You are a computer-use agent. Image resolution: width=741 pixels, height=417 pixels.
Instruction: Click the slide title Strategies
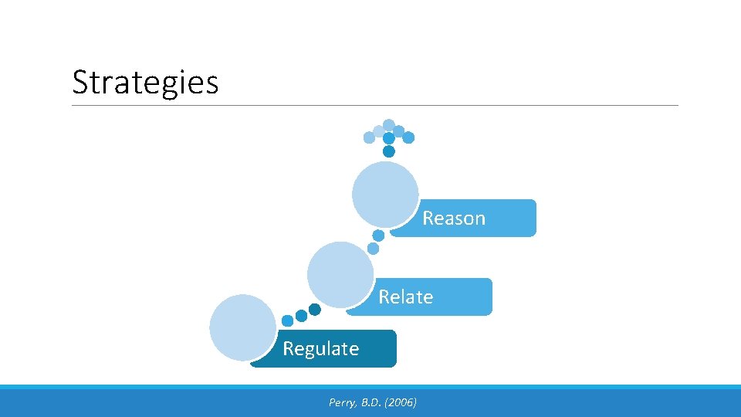(145, 82)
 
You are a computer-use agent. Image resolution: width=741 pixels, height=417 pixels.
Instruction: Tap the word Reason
(453, 219)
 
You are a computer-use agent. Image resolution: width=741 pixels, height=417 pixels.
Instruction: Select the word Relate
(405, 297)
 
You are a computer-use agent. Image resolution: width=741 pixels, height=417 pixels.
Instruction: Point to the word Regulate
(320, 349)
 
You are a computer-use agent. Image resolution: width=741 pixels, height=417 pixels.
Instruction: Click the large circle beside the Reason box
(385, 194)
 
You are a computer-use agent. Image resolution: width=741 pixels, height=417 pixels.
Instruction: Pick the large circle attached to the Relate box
(340, 274)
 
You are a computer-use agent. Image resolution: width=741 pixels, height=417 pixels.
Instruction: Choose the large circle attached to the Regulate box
(242, 327)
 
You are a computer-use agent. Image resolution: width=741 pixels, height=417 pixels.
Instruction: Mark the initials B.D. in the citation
(371, 402)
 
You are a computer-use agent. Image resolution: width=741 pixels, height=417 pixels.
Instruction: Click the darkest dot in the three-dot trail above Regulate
(315, 310)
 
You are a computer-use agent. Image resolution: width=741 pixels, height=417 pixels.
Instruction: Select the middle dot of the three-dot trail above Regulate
(301, 316)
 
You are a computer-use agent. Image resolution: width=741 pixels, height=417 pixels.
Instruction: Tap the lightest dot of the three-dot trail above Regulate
(287, 320)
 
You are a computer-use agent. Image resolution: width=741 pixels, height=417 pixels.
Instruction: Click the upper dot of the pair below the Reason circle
(378, 236)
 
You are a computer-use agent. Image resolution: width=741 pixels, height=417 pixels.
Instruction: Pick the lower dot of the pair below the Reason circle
(373, 249)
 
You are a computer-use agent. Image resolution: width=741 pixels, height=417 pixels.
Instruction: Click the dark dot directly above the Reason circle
(389, 151)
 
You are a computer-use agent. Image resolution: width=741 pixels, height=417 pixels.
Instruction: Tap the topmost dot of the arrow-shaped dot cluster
(389, 124)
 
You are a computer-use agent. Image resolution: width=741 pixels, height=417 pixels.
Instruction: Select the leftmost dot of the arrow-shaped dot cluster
(369, 137)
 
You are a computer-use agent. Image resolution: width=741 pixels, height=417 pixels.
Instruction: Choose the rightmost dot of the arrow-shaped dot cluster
(408, 137)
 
